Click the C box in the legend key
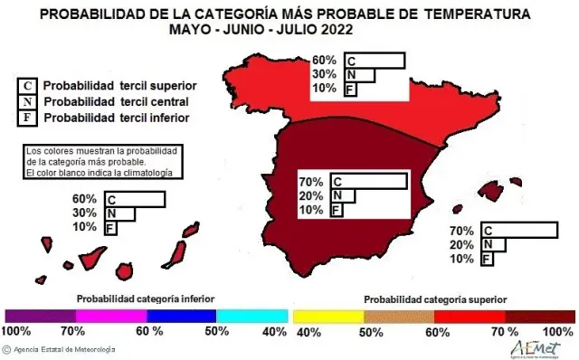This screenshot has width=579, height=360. pos(28,86)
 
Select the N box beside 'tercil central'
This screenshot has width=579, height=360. pos(28,102)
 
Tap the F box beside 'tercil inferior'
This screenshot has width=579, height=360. pos(28,118)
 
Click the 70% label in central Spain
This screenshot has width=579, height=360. pos(311,182)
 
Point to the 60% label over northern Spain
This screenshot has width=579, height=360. pos(324,61)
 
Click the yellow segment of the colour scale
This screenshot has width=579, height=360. pos(328,315)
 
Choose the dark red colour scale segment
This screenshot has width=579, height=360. pos(539,315)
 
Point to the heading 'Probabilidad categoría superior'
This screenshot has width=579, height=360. pos(434,298)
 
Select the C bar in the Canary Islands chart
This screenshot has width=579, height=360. pos(135,199)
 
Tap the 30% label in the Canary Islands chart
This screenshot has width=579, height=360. pos(84,213)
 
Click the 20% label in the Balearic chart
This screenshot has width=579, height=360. pos(461,245)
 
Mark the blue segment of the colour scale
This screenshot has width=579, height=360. pos(181,315)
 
